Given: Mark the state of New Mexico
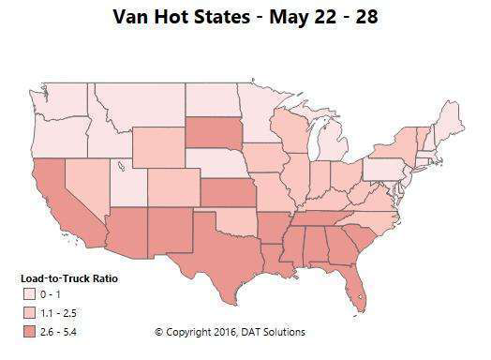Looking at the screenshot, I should tap(163, 231).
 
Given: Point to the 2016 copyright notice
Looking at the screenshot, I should tap(230, 332).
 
